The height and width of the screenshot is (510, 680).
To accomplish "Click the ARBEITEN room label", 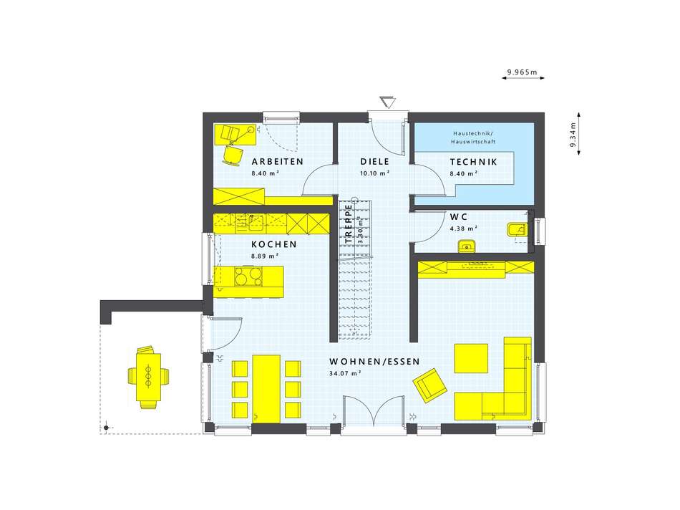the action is [278, 161].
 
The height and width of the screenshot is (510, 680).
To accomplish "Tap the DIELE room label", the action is [374, 161].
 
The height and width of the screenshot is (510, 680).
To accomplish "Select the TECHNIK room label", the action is [473, 162].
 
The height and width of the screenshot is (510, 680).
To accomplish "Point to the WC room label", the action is [458, 216].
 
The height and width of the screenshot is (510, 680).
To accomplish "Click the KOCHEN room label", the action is [274, 244].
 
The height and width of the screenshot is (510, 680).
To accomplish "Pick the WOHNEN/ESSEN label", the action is [374, 362].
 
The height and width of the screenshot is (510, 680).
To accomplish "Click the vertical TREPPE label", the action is [349, 223].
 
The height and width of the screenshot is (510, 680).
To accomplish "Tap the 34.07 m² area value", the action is [345, 373].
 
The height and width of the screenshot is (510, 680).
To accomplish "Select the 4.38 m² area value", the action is [464, 228].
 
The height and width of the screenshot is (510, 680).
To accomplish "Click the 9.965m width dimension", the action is [523, 72].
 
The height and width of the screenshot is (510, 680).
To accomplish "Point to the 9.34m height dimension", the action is [573, 135].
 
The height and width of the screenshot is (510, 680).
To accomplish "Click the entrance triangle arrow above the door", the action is [387, 102].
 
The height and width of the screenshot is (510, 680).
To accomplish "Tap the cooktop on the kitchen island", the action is [248, 276].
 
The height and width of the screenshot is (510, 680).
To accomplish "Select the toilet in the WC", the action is [516, 230].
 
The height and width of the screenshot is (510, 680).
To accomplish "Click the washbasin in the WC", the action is [467, 246].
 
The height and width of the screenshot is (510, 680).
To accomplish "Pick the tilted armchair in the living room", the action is [429, 385].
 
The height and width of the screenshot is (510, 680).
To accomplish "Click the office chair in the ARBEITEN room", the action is [233, 155].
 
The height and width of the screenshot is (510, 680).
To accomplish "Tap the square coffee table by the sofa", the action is [471, 359].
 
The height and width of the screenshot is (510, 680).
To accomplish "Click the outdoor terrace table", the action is [148, 377].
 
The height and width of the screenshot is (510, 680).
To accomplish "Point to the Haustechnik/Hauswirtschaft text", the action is [473, 138].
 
